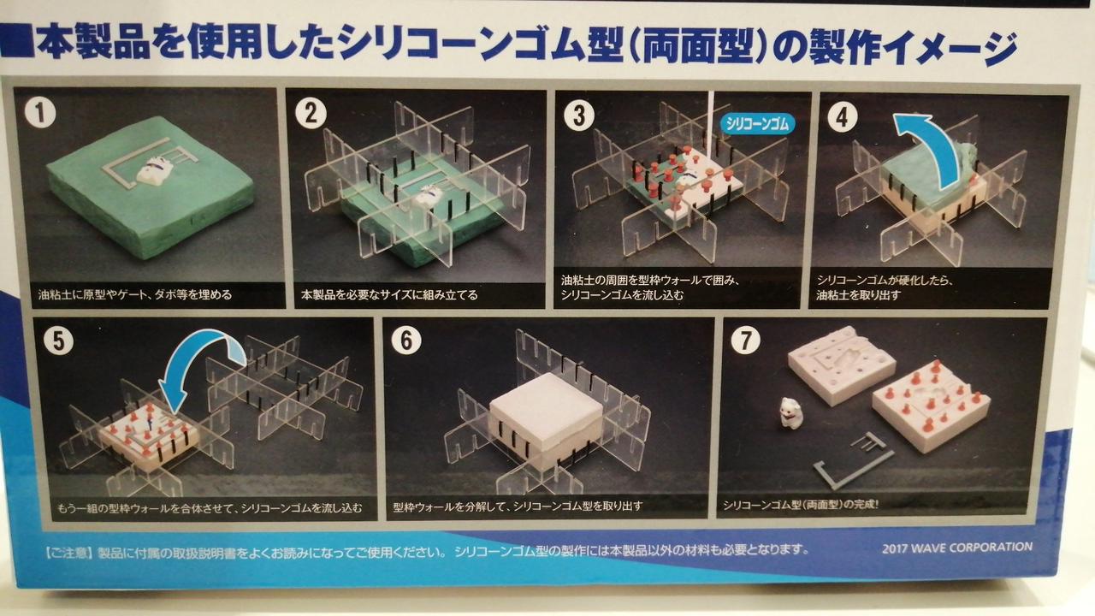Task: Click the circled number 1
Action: pyautogui.click(x=40, y=113)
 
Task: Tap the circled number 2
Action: pyautogui.click(x=311, y=114)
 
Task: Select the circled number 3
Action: pyautogui.click(x=579, y=115)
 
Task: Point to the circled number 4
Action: pyautogui.click(x=842, y=117)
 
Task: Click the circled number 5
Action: pyautogui.click(x=59, y=341)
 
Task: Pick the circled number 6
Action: pyautogui.click(x=406, y=340)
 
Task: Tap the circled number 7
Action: pyautogui.click(x=745, y=340)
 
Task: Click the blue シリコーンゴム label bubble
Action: pyautogui.click(x=757, y=124)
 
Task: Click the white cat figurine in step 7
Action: pyautogui.click(x=790, y=412)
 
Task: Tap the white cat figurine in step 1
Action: pyautogui.click(x=152, y=171)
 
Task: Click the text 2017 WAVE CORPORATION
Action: pyautogui.click(x=957, y=548)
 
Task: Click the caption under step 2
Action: pyautogui.click(x=389, y=295)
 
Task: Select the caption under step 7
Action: pyautogui.click(x=801, y=505)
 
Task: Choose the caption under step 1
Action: pyautogui.click(x=135, y=295)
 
